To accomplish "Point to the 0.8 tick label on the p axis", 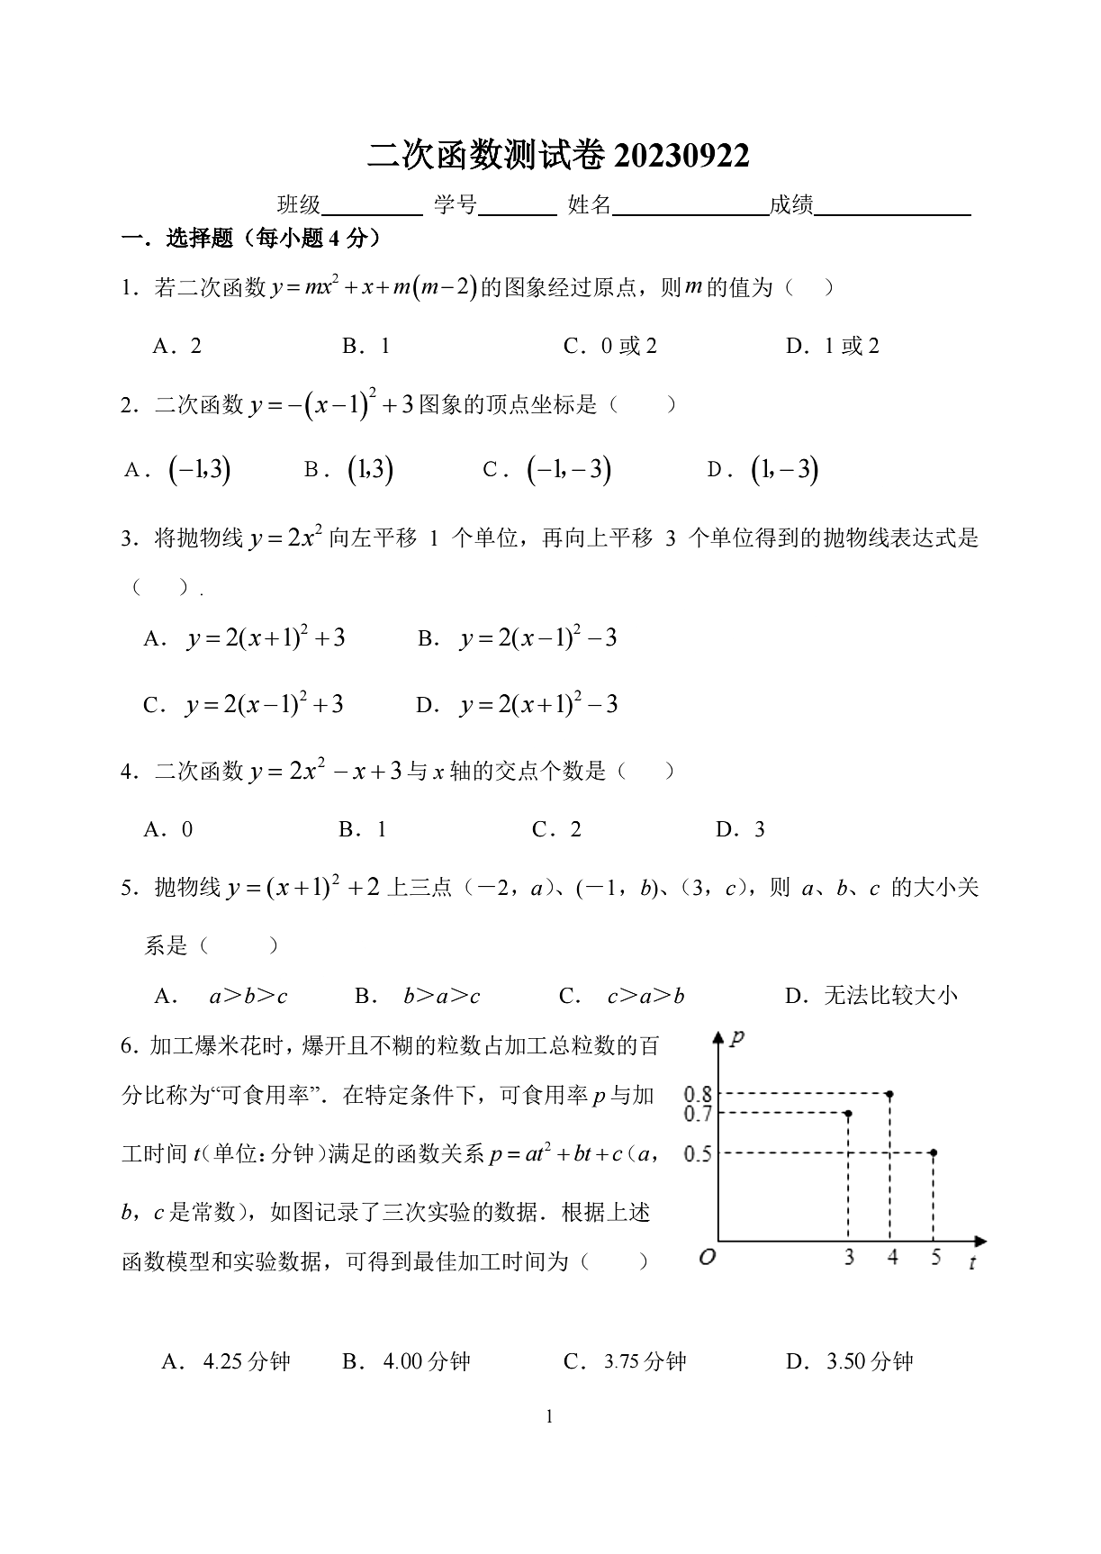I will [x=698, y=1094].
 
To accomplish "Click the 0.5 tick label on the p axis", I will [x=698, y=1153].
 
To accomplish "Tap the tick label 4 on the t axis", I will [x=891, y=1257].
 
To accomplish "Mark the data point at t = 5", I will [x=934, y=1152].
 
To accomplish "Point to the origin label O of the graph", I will [x=707, y=1258].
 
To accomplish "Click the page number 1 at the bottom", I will [x=550, y=1417].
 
